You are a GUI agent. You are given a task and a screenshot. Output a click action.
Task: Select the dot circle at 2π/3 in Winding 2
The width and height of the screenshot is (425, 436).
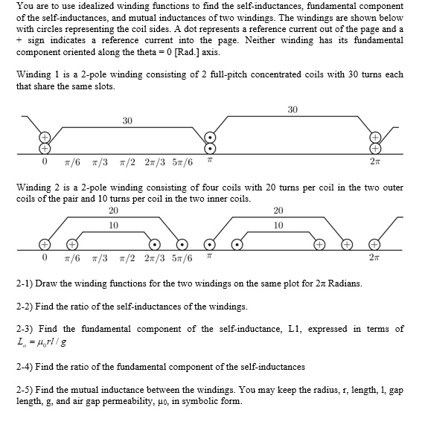point(155,243)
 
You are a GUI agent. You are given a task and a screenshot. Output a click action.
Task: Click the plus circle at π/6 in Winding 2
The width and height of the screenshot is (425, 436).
point(72,243)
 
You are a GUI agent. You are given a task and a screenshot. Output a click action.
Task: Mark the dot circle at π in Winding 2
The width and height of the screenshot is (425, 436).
point(211,243)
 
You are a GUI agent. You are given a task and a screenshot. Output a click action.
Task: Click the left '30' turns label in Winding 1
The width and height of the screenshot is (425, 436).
point(127,121)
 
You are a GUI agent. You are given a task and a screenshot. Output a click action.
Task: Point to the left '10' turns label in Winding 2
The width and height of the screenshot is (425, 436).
point(113,223)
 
